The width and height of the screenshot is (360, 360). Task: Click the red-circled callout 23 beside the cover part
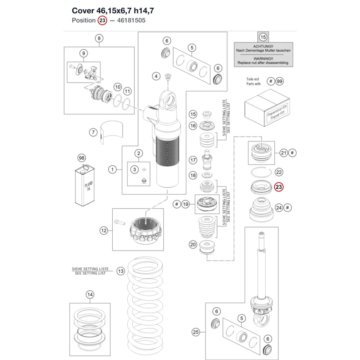[x=279, y=187]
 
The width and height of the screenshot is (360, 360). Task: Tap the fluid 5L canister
[x=85, y=185]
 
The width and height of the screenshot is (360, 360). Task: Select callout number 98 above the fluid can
[x=82, y=158]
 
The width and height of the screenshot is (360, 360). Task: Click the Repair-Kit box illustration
[x=267, y=107]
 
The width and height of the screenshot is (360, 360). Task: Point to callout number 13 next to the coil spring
[x=121, y=271]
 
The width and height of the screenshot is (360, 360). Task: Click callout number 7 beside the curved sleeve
[x=93, y=132]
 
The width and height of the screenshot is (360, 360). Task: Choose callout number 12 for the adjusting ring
[x=104, y=230]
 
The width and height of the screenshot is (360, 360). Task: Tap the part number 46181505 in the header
[x=131, y=20]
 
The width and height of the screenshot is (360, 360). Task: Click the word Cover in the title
[x=83, y=10]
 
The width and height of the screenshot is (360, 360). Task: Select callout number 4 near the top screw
[x=156, y=76]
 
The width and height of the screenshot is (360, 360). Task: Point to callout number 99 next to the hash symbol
[x=279, y=81]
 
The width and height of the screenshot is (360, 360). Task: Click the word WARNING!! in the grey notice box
[x=263, y=59]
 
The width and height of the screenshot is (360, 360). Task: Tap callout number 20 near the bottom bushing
[x=193, y=244]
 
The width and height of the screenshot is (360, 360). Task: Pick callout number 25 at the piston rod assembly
[x=196, y=332]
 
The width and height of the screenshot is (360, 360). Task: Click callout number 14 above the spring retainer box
[x=90, y=294]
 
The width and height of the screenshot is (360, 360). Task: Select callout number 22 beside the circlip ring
[x=279, y=172]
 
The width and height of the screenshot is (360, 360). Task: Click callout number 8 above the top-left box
[x=99, y=39]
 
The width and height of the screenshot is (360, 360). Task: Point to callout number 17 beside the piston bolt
[x=193, y=160]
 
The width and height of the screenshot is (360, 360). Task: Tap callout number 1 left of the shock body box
[x=112, y=170]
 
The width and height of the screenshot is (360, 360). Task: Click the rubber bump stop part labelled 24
[x=261, y=210]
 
